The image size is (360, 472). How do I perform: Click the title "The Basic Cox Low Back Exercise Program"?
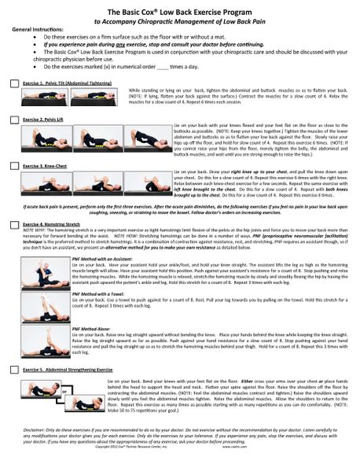pyautogui.click(x=180, y=13)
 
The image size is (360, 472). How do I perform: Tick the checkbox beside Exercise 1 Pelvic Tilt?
pyautogui.click(x=15, y=82)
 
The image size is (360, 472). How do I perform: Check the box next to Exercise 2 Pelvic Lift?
pyautogui.click(x=15, y=119)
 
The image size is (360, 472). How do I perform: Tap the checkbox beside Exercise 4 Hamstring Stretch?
pyautogui.click(x=15, y=224)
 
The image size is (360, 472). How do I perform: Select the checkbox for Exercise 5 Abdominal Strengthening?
pyautogui.click(x=15, y=368)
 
